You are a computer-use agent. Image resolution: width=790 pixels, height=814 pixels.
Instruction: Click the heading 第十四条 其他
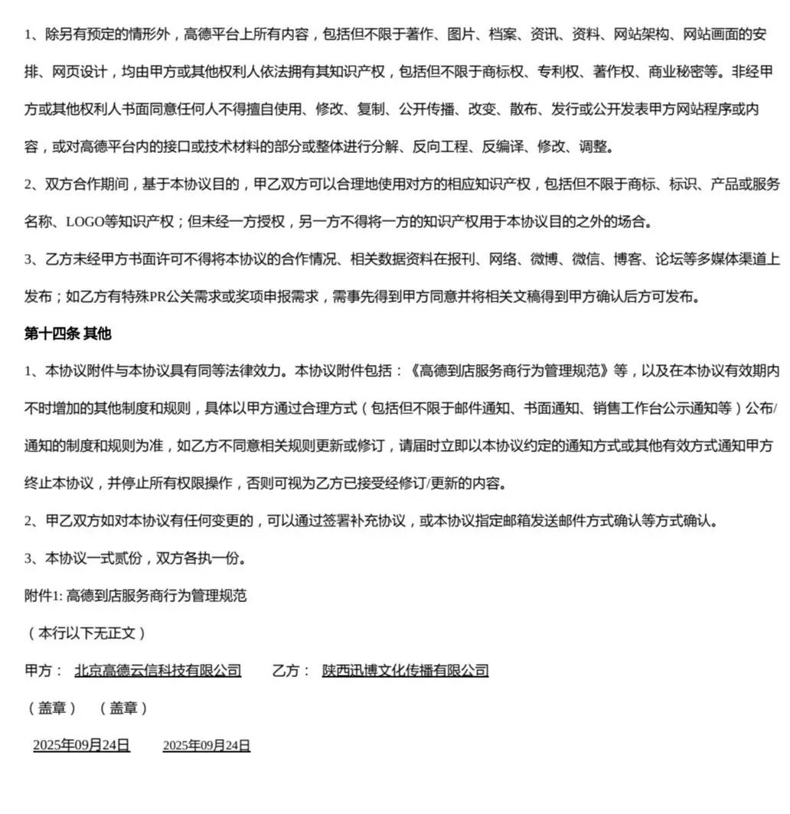point(68,334)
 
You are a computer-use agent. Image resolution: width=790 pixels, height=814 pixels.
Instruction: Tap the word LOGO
point(85,223)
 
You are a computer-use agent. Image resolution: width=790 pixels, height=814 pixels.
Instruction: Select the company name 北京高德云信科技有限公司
point(158,671)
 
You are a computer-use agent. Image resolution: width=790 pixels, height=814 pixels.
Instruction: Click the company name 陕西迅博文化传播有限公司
point(405,671)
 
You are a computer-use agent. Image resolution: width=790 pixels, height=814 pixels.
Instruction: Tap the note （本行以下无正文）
point(86,633)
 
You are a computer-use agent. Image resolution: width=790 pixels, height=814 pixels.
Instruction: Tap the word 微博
point(546,259)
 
